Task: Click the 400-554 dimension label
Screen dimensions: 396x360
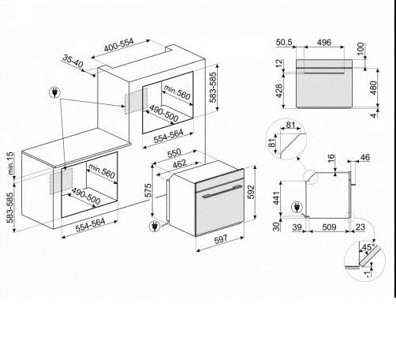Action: [119, 45]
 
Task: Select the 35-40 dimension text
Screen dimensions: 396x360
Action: [73, 62]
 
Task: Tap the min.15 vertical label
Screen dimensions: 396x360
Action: [10, 163]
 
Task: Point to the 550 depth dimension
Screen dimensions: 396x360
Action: [174, 153]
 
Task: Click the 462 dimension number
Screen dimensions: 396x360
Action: [180, 164]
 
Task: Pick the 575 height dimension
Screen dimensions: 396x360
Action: [148, 190]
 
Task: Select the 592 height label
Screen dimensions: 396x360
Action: [251, 192]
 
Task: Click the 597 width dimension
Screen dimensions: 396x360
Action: [220, 240]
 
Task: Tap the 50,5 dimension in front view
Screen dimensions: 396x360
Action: [284, 42]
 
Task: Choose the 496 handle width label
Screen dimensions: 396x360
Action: [324, 42]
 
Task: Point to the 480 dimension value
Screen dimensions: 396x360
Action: [373, 88]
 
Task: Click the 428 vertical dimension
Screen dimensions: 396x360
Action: [279, 91]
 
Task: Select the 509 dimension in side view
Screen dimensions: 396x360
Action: [329, 227]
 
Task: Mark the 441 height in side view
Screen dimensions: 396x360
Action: [276, 197]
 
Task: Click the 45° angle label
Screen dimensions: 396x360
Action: [368, 247]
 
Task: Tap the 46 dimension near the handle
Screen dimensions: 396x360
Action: [364, 157]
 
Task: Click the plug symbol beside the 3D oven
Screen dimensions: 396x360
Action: [155, 227]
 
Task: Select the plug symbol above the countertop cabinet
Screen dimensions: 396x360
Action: [54, 92]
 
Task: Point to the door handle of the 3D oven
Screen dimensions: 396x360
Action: [222, 191]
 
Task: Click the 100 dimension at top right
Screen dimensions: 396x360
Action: [361, 48]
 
